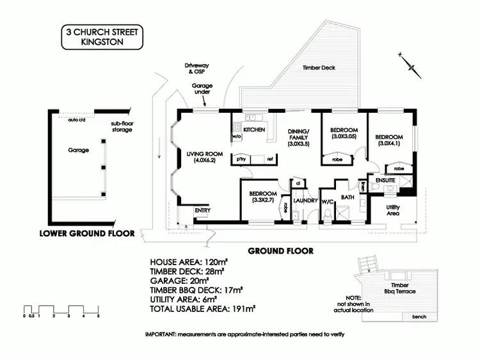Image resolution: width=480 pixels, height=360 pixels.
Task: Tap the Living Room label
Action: click(x=204, y=154)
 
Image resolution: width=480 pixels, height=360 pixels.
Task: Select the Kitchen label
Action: click(x=254, y=130)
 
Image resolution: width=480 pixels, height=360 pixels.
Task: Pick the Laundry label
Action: click(x=305, y=200)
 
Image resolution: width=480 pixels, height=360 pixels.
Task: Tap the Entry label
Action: click(x=202, y=211)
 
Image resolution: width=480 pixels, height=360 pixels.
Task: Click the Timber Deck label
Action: click(x=318, y=67)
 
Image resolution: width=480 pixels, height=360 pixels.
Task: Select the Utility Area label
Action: click(x=392, y=209)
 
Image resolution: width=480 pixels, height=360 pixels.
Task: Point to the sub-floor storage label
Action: click(x=120, y=127)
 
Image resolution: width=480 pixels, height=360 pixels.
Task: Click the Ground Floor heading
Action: click(x=280, y=251)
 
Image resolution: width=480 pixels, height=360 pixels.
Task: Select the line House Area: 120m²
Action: click(x=188, y=263)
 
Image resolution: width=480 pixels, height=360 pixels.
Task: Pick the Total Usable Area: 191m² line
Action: click(x=202, y=308)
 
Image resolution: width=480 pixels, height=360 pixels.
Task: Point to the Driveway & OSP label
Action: click(x=197, y=69)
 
